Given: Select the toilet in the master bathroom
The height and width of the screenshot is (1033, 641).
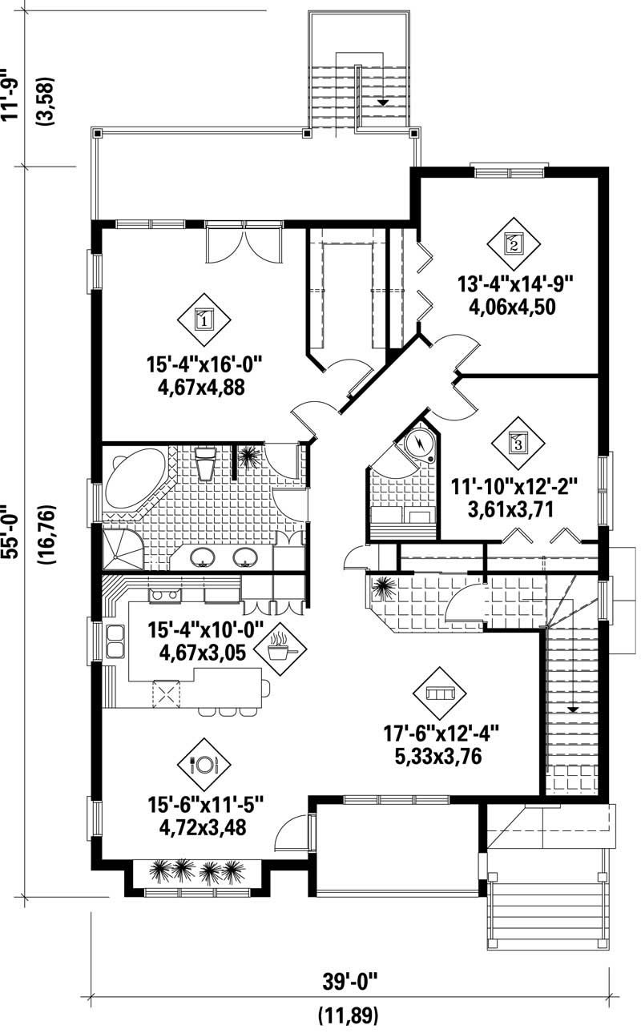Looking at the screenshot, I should (205, 463).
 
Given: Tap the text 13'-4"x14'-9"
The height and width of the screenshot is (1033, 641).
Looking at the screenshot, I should (517, 285).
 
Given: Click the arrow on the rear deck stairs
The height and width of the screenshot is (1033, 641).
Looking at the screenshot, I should (383, 102).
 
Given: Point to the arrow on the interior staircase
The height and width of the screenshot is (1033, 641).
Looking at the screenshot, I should (573, 709).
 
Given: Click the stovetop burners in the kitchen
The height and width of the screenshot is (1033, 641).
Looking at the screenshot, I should (164, 595).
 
